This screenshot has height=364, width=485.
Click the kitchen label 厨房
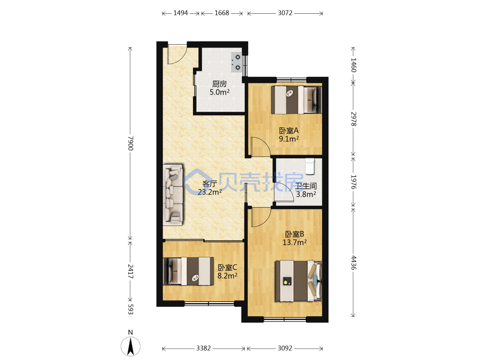219,84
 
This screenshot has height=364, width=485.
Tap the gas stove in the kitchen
237,62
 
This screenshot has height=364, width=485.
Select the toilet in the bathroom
310,166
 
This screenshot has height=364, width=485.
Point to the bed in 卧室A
296,100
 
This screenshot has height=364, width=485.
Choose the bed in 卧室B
298,281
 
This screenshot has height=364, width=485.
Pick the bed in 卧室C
189,271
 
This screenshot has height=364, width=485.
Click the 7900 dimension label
131,144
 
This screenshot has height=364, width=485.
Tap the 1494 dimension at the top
181,13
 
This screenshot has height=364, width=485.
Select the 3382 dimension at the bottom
203,348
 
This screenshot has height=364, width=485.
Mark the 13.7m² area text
294,242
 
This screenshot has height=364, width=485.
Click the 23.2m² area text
210,192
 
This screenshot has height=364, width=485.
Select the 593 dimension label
131,309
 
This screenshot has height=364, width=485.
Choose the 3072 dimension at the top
285,13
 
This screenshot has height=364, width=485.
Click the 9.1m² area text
289,139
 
